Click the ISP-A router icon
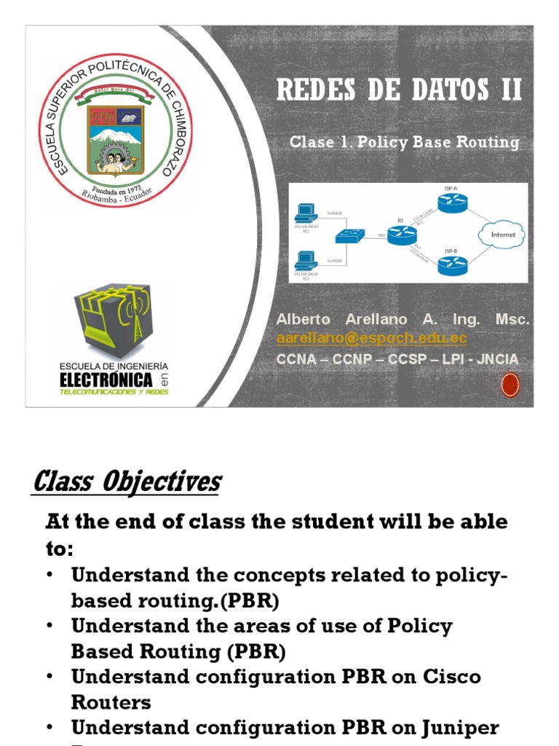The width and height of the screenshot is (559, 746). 451,205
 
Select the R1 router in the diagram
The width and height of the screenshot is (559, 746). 400,234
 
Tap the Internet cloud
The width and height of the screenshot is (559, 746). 503,235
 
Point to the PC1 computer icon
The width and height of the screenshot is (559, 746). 304,213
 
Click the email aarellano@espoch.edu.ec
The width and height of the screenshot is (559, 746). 371,339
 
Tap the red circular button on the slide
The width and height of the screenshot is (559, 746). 510,384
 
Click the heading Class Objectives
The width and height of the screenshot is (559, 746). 127,482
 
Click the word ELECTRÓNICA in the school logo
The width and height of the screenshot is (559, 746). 106,380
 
